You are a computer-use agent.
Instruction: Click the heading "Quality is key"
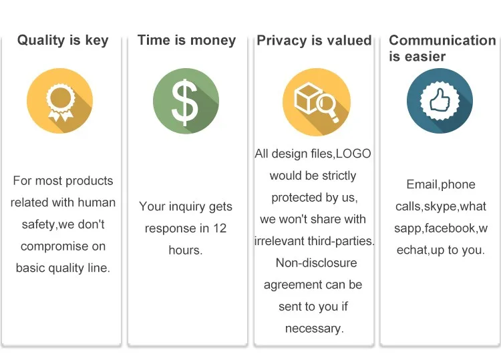pyautogui.click(x=63, y=41)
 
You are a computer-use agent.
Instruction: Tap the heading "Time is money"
pyautogui.click(x=186, y=41)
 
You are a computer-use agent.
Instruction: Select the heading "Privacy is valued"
pyautogui.click(x=314, y=41)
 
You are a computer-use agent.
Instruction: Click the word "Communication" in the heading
pyautogui.click(x=442, y=40)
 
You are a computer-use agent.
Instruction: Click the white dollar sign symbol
pyautogui.click(x=184, y=102)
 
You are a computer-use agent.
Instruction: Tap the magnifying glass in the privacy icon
pyautogui.click(x=327, y=107)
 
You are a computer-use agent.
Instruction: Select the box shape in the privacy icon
pyautogui.click(x=305, y=98)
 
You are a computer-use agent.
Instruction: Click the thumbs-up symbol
pyautogui.click(x=440, y=100)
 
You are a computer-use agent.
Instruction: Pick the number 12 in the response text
pyautogui.click(x=220, y=228)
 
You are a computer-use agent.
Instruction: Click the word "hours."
pyautogui.click(x=186, y=250)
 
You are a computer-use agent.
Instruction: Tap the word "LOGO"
pyautogui.click(x=353, y=154)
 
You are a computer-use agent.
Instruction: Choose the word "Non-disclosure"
pyautogui.click(x=317, y=263)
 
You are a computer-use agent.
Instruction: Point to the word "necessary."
pyautogui.click(x=315, y=329)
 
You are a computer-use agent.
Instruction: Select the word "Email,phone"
pyautogui.click(x=441, y=184)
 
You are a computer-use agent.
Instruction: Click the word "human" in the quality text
pyautogui.click(x=96, y=202)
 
